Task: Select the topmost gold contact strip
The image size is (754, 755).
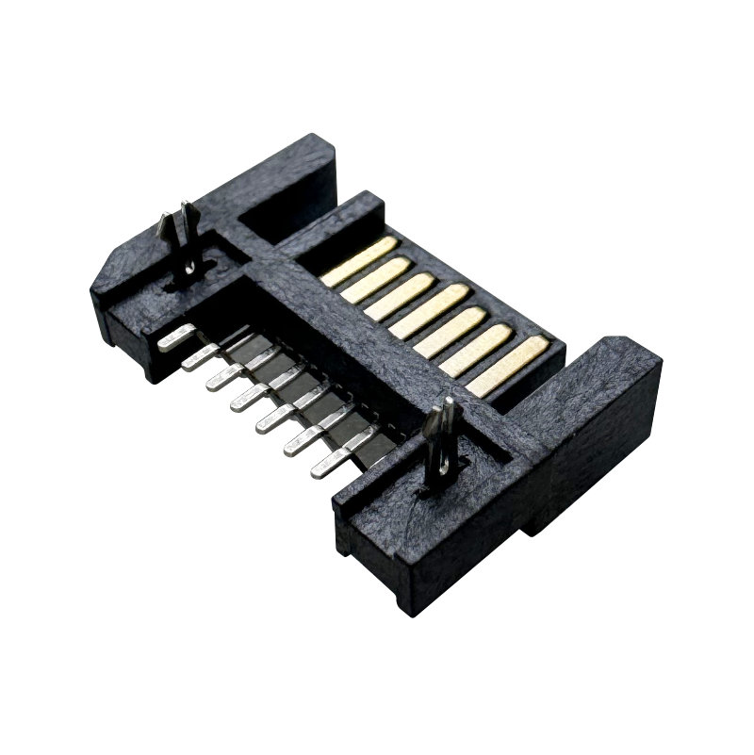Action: (359, 260)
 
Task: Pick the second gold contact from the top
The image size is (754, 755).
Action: (376, 279)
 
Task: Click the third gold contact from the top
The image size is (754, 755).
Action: (399, 299)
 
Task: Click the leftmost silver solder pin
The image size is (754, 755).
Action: (176, 337)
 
